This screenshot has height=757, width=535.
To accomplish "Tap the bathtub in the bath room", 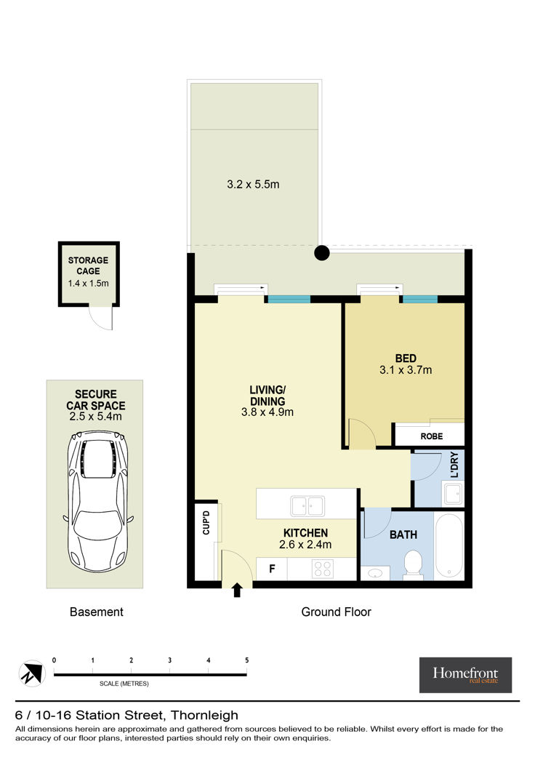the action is pyautogui.click(x=449, y=545).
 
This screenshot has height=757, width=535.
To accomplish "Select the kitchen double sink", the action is pyautogui.click(x=307, y=506).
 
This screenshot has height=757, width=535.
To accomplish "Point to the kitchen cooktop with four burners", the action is pyautogui.click(x=323, y=569).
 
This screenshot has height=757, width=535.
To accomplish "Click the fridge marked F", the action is pyautogui.click(x=272, y=569).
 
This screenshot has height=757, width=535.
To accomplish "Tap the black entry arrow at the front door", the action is pyautogui.click(x=237, y=590).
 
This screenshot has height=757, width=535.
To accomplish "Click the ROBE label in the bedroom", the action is pyautogui.click(x=431, y=436).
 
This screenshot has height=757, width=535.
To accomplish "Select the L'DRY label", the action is pyautogui.click(x=454, y=465).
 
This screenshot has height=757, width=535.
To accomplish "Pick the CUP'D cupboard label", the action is pyautogui.click(x=206, y=522).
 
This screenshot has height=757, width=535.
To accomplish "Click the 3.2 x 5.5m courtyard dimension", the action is pyautogui.click(x=253, y=185).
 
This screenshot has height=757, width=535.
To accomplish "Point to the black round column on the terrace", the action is pyautogui.click(x=322, y=252).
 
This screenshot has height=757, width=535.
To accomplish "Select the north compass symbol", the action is pyautogui.click(x=32, y=673).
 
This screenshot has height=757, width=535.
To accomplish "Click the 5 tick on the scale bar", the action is pyautogui.click(x=247, y=660).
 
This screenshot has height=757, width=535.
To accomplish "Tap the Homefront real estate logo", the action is pyautogui.click(x=465, y=675).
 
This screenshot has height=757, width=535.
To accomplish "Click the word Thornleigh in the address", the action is pyautogui.click(x=204, y=715).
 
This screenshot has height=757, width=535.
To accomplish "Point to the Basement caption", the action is pyautogui.click(x=97, y=612).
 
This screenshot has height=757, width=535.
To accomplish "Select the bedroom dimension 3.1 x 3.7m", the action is pyautogui.click(x=406, y=370).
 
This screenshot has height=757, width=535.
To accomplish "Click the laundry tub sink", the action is pyautogui.click(x=453, y=494).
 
